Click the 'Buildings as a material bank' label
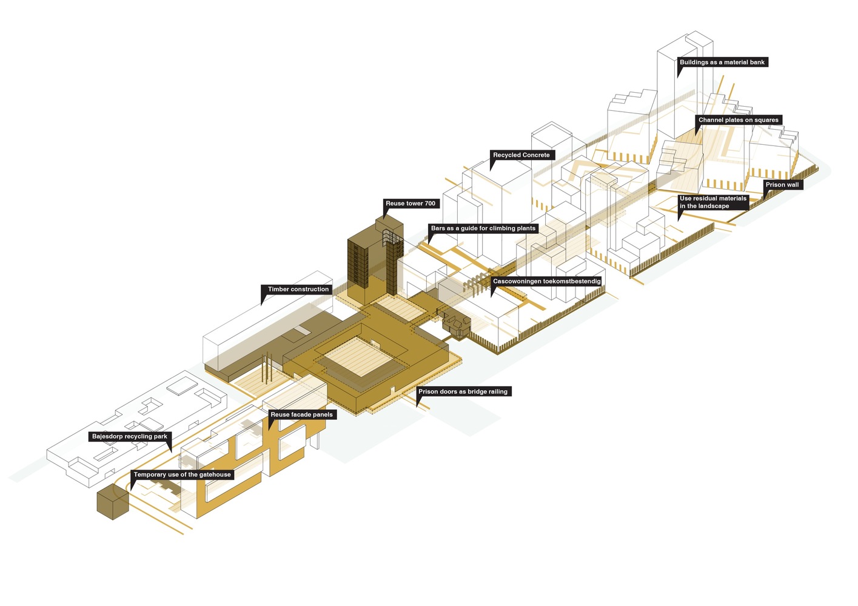coord(722,62)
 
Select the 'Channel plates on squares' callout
coord(739,120)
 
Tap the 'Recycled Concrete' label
coord(521,155)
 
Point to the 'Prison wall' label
coord(782,185)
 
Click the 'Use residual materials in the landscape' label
coord(713,202)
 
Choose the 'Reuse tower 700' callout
coord(411,203)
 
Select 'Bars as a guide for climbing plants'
coord(483,228)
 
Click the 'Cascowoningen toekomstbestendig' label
coord(546,281)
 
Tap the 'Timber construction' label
coord(298,290)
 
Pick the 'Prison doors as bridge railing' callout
coord(463,391)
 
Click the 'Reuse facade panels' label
coord(301,415)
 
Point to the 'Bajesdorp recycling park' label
coord(130,436)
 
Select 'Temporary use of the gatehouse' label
coord(182,474)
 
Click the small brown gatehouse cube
coord(113,502)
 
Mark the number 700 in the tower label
coord(430,203)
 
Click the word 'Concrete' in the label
coord(535,155)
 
